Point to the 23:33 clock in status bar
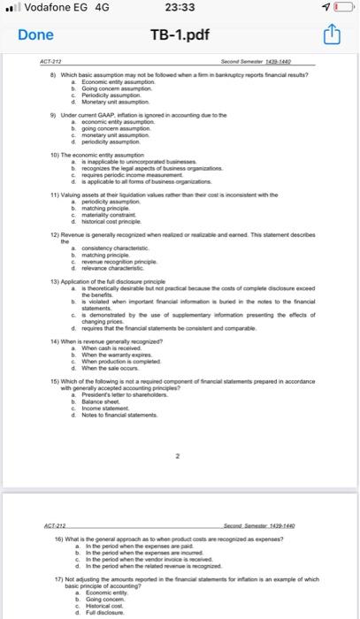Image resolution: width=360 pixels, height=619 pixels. (180, 9)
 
